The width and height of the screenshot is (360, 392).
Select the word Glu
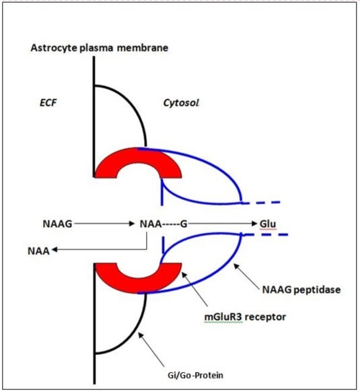tap(268, 223)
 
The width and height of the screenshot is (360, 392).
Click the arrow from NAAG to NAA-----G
tap(102, 223)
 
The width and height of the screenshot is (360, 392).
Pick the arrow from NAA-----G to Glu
tap(225, 223)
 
